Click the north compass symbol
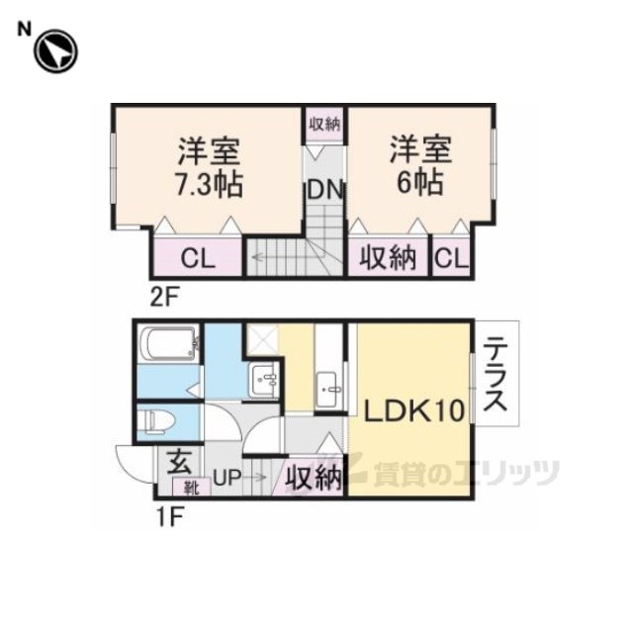[x=55, y=51]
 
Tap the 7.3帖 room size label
[x=209, y=185]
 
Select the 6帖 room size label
[x=420, y=183]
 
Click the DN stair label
[x=325, y=190]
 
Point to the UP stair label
[x=226, y=479]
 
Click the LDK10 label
[x=414, y=410]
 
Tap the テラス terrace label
[x=495, y=374]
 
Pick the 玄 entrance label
[x=179, y=463]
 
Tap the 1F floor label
[x=171, y=517]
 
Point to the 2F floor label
[x=164, y=296]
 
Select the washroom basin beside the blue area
[x=264, y=380]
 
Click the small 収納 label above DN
[x=325, y=125]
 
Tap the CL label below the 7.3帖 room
[x=198, y=258]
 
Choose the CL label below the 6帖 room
[x=452, y=258]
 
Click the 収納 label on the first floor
[x=314, y=479]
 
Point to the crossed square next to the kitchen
[x=262, y=339]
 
